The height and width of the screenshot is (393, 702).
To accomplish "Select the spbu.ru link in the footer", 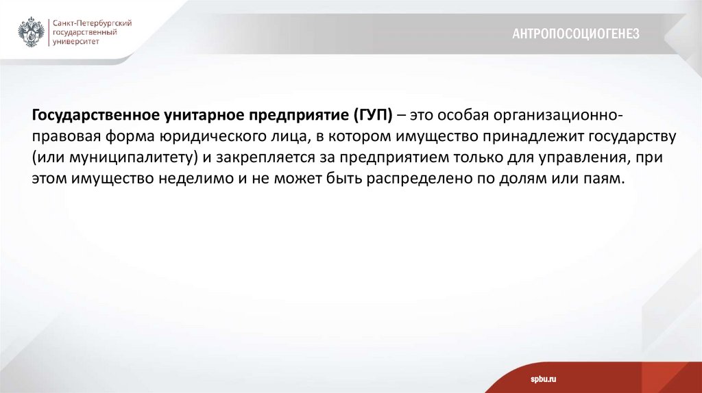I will [542, 379].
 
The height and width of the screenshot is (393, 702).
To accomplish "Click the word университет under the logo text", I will [76, 41].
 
